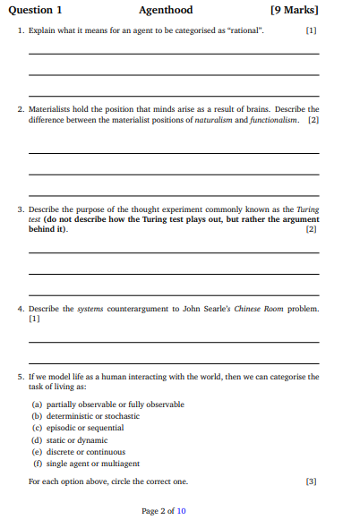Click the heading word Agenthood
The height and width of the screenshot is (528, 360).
166,11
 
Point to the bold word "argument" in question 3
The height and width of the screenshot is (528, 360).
297,219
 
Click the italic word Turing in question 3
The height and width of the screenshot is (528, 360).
307,209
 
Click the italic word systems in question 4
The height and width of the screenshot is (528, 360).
90,309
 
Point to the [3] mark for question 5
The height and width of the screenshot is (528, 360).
311,481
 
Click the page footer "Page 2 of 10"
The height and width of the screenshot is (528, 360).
164,511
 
